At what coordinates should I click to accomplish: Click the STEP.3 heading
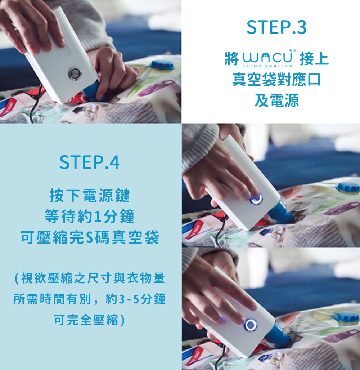[276, 27]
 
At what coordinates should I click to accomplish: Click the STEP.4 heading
[89, 162]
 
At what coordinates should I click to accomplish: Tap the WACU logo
[267, 57]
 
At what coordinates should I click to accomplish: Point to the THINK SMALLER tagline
[267, 66]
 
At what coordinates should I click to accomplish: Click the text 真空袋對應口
[276, 80]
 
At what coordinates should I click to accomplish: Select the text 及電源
[276, 100]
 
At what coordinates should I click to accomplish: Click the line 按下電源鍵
[89, 195]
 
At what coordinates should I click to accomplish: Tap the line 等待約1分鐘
[89, 216]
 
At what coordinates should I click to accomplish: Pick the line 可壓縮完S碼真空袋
[89, 237]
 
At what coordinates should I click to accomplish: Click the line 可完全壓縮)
[89, 320]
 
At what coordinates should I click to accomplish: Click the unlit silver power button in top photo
[75, 73]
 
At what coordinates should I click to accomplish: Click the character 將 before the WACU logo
[232, 58]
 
